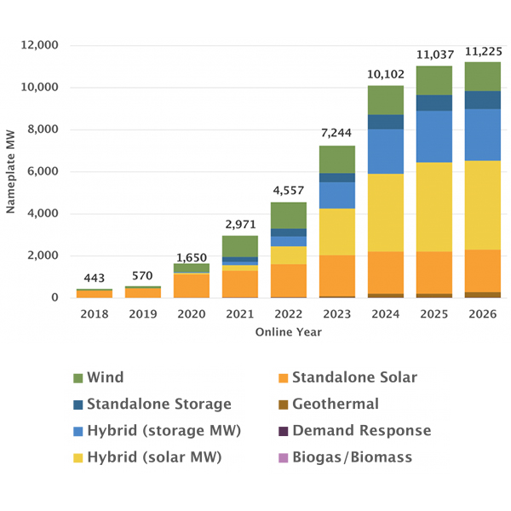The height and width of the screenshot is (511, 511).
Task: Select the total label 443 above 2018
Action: tap(95, 278)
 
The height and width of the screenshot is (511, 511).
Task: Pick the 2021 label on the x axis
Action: tap(240, 314)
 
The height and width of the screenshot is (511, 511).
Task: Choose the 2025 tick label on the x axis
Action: tap(434, 314)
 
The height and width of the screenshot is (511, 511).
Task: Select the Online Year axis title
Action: tap(289, 332)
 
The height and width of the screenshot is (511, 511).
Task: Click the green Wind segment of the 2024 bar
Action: tap(386, 100)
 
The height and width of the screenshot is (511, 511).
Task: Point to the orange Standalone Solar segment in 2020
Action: tap(192, 285)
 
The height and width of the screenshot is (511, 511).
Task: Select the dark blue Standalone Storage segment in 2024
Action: tap(386, 122)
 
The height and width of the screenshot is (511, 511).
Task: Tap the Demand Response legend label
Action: tap(361, 431)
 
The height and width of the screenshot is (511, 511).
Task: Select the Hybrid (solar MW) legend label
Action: tap(154, 457)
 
